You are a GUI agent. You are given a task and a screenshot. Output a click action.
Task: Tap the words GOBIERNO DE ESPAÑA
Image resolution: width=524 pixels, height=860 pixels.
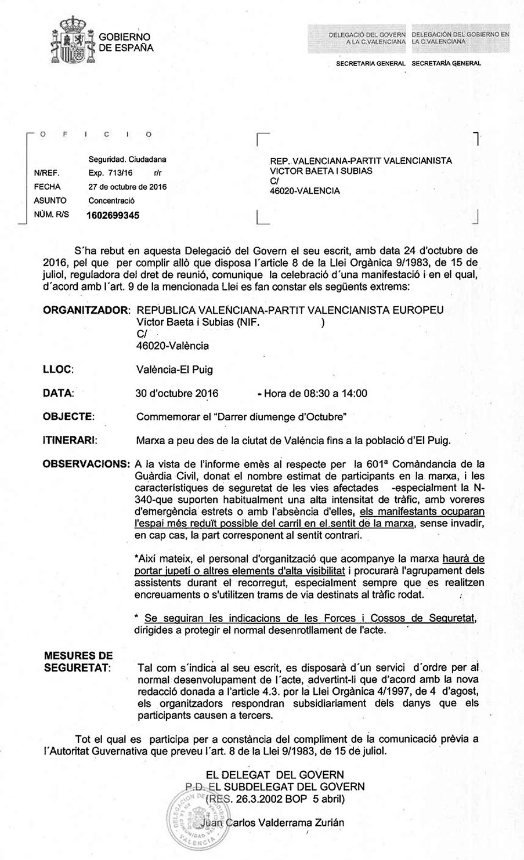coord(126,42)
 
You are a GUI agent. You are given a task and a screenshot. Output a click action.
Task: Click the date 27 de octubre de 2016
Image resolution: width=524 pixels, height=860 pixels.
coord(127,187)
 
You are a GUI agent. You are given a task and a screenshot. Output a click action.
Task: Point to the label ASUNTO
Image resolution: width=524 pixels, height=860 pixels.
coord(50,201)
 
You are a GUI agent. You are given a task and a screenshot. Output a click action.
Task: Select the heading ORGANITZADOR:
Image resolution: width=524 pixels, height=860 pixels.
coord(87,310)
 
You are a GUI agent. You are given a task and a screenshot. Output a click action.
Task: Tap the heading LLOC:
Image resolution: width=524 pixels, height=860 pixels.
coord(58,369)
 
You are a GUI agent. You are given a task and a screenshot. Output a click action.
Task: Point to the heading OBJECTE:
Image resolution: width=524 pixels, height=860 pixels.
coord(68,416)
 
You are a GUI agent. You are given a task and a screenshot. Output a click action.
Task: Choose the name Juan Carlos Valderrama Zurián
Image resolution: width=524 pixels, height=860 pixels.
coord(270,822)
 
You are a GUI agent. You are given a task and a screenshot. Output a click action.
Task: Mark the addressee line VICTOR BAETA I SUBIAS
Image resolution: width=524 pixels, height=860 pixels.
coord(321,171)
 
